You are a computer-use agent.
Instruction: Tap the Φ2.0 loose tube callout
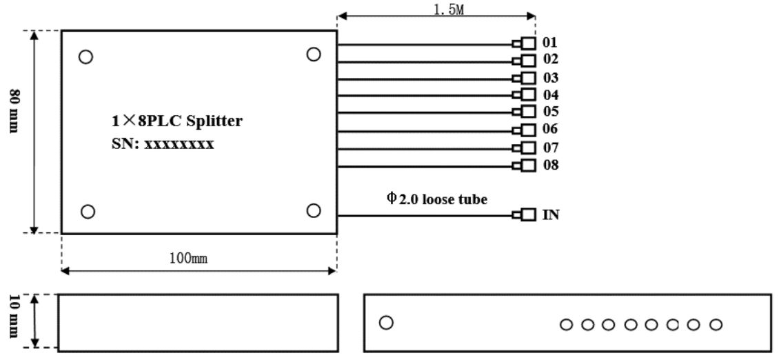click(436, 199)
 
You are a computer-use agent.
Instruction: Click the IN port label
click(550, 215)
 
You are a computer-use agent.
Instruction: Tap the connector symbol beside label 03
click(525, 77)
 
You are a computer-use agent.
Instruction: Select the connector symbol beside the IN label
click(525, 215)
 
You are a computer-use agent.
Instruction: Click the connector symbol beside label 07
click(525, 148)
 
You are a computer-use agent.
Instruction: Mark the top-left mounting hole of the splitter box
click(85, 57)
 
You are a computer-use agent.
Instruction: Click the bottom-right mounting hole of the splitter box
click(313, 210)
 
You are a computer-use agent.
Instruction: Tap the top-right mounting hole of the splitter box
click(313, 54)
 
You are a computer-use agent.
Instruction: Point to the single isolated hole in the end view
click(386, 322)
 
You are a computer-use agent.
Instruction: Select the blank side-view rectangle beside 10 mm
click(199, 322)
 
